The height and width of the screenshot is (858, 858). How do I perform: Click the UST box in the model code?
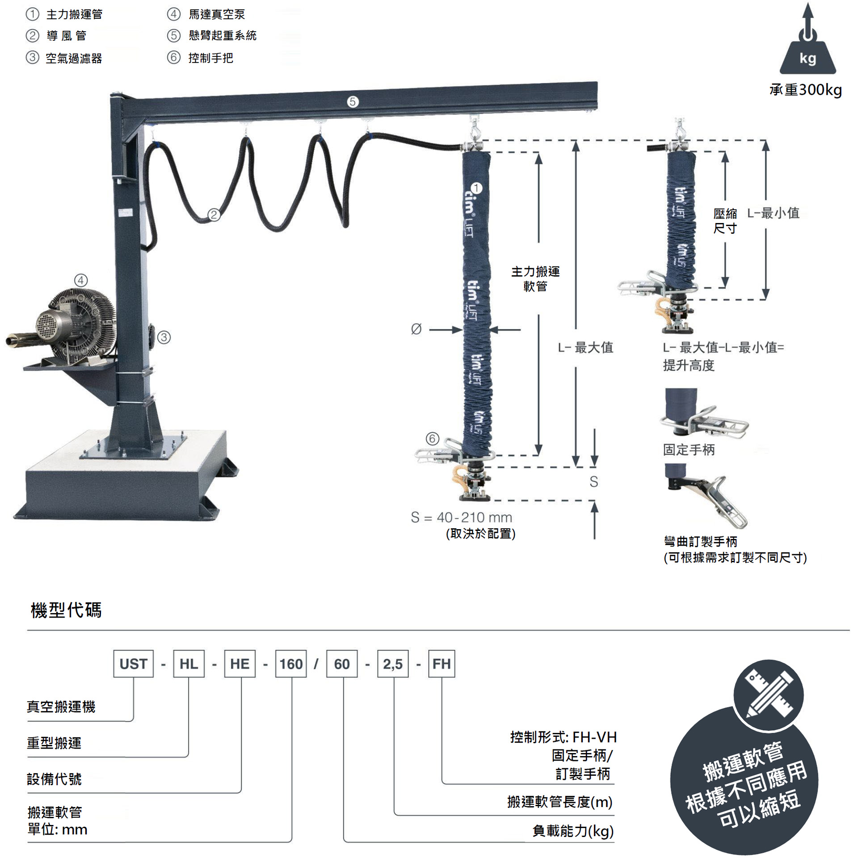click(133, 664)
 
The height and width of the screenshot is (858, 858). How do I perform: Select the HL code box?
click(189, 664)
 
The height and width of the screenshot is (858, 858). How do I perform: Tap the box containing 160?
click(291, 664)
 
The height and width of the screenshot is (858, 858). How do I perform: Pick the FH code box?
click(442, 664)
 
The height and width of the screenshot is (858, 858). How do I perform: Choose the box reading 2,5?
click(393, 664)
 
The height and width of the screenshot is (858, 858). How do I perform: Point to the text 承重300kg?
click(806, 90)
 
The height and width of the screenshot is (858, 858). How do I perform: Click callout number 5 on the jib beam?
click(353, 102)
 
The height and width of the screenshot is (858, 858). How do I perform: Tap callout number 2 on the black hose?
click(214, 215)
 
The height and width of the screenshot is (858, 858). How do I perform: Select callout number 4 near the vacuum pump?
click(81, 281)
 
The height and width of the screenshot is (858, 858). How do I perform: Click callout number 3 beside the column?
click(164, 337)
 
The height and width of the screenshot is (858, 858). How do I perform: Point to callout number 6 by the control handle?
click(432, 439)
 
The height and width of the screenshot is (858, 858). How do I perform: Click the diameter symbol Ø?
click(416, 329)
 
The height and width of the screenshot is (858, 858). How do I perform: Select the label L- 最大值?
click(585, 347)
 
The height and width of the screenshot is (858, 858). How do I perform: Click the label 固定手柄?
click(689, 450)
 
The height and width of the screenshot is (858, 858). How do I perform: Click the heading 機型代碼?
click(66, 610)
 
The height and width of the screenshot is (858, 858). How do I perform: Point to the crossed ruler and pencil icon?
click(769, 695)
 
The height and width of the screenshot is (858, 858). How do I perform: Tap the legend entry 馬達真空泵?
click(217, 14)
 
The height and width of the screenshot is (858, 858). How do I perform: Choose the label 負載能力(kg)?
click(573, 831)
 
